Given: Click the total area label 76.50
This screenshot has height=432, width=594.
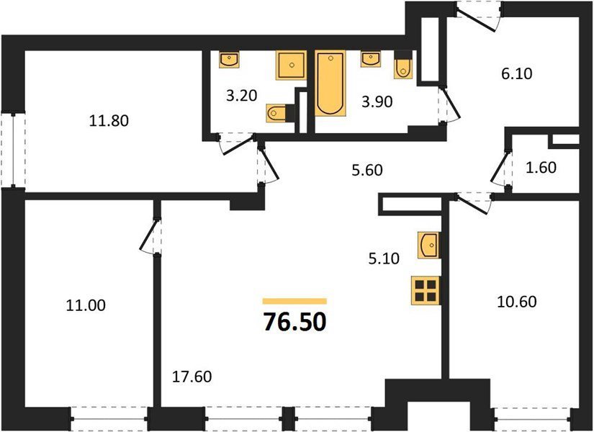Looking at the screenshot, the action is pyautogui.click(x=294, y=322).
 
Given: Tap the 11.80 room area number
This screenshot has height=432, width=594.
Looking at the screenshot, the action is pyautogui.click(x=109, y=121).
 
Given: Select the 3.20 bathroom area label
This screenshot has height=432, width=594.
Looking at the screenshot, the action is pyautogui.click(x=241, y=96).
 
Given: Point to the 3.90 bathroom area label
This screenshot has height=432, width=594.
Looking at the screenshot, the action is pyautogui.click(x=377, y=102).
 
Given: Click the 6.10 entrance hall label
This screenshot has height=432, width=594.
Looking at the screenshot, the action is pyautogui.click(x=517, y=73).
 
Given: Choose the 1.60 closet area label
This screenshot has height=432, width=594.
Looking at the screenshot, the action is pyautogui.click(x=541, y=167).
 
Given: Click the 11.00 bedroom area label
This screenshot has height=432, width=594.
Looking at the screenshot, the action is pyautogui.click(x=86, y=305).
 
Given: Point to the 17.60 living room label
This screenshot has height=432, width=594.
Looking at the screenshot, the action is pyautogui.click(x=192, y=377).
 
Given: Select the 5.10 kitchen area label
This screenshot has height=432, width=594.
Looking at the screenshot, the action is pyautogui.click(x=384, y=258).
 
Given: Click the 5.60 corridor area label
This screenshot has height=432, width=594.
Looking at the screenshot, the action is pyautogui.click(x=367, y=171).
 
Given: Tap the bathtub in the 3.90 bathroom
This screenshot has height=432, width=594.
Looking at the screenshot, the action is pyautogui.click(x=330, y=84).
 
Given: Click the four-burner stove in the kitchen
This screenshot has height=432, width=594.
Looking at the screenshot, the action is pyautogui.click(x=426, y=291).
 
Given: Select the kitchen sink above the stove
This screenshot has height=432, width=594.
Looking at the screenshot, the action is pyautogui.click(x=429, y=246).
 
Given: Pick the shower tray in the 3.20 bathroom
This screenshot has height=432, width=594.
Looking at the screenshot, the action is pyautogui.click(x=291, y=66).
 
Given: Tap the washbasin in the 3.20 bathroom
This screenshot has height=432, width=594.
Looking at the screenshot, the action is pyautogui.click(x=229, y=59).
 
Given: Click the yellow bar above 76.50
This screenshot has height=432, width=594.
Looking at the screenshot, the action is pyautogui.click(x=294, y=301).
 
